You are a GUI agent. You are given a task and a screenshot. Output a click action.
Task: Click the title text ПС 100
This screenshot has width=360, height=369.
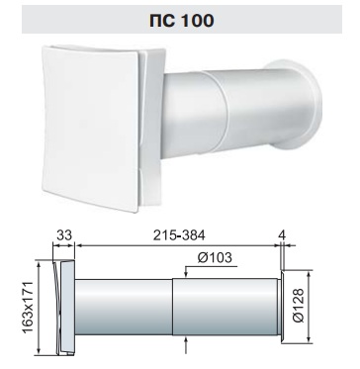point(182,21)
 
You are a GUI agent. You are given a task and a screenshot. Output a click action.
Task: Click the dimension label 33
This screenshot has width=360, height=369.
point(64,235)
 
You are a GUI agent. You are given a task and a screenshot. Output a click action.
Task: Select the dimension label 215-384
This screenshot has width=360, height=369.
point(179,235)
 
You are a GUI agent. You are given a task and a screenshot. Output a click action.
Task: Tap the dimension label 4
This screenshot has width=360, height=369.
point(281,235)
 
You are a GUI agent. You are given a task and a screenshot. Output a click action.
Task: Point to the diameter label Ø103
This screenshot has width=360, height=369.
point(215,258)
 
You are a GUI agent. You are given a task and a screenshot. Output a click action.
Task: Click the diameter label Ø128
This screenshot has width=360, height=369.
point(299,306)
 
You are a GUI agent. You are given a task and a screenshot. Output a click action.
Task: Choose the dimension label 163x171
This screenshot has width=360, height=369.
point(29,309)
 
